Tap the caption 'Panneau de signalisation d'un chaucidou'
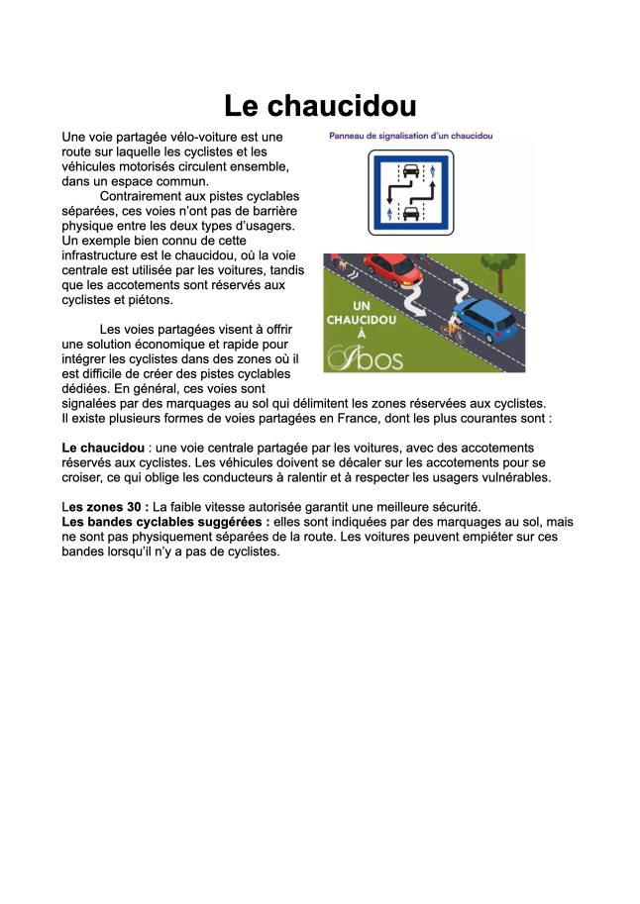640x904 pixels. click(x=411, y=136)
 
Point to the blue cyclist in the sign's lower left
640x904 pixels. click(x=388, y=212)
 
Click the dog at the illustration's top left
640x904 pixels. click(x=342, y=266)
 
